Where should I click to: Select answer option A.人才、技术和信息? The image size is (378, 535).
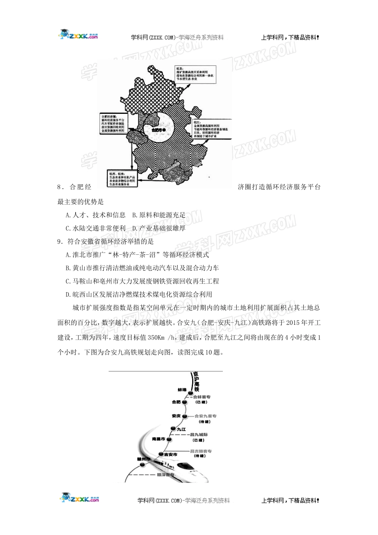click(x=95, y=215)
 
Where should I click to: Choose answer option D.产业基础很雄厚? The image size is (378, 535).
click(x=159, y=228)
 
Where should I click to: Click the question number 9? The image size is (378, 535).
click(x=60, y=241)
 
